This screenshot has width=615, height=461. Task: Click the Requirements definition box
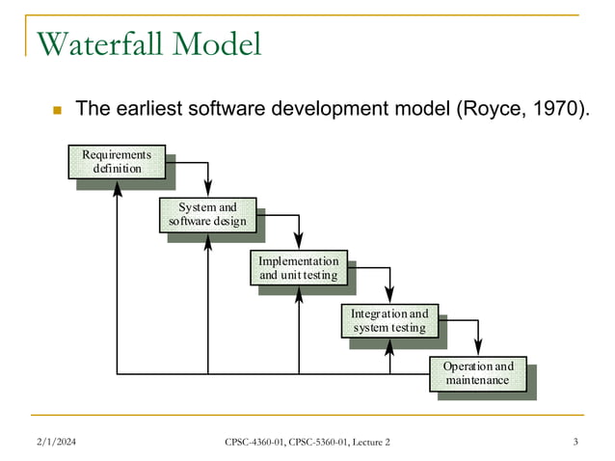pos(117,162)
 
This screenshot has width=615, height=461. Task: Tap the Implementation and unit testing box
pos(298,268)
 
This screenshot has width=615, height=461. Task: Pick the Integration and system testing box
pos(389,320)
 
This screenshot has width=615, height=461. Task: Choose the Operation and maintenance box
pos(478,373)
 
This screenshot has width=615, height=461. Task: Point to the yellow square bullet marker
pos(56,110)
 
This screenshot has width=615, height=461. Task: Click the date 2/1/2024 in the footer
pos(56,442)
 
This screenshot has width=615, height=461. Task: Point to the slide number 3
pos(575,442)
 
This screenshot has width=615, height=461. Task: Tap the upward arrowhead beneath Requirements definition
pos(118,187)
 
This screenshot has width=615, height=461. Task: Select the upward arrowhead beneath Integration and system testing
pos(390,345)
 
